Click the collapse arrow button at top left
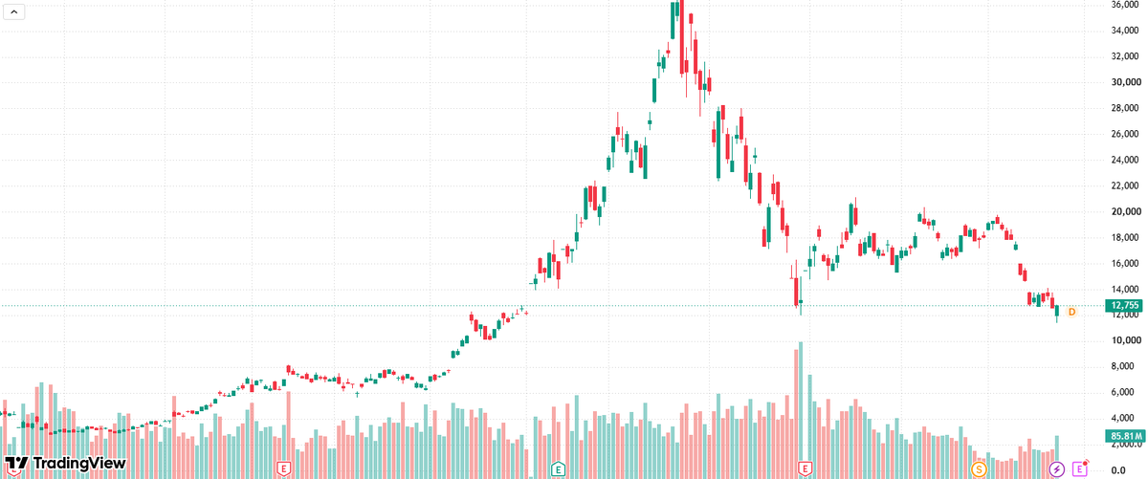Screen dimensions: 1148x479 coord(13,11)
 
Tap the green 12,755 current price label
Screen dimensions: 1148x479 coord(1124,305)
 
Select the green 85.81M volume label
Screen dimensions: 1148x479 coord(1124,436)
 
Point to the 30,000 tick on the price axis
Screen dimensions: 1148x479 coord(1125,82)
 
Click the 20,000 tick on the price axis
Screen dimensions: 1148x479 coord(1125,211)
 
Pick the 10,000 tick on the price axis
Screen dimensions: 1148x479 coord(1125,340)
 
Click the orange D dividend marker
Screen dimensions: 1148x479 coord(1071,312)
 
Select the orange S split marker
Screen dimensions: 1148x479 coord(979,468)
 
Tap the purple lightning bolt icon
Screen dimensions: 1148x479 coord(1056,468)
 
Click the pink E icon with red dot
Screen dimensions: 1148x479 coord(1080,468)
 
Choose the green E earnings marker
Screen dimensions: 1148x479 coord(558,468)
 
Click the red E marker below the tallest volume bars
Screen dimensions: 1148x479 coord(806,468)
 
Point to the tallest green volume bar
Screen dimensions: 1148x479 coord(801,410)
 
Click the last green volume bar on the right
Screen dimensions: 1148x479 coord(1057,457)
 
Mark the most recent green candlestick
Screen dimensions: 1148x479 coord(1057,311)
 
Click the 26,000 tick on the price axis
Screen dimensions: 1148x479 coord(1125,134)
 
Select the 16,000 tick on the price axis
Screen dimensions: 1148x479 coord(1125,263)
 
